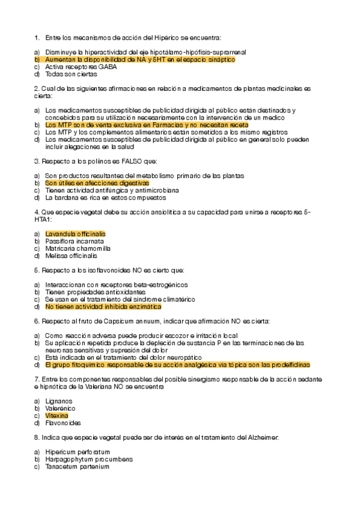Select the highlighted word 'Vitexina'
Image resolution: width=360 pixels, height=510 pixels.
pyautogui.click(x=56, y=416)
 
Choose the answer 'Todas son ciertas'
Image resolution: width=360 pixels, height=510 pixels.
pyautogui.click(x=70, y=74)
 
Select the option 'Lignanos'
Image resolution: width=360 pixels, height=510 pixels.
pyautogui.click(x=58, y=401)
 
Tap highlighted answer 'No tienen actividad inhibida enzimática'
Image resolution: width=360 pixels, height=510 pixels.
pyautogui.click(x=103, y=306)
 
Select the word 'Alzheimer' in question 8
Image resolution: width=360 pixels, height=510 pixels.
pyautogui.click(x=262, y=437)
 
